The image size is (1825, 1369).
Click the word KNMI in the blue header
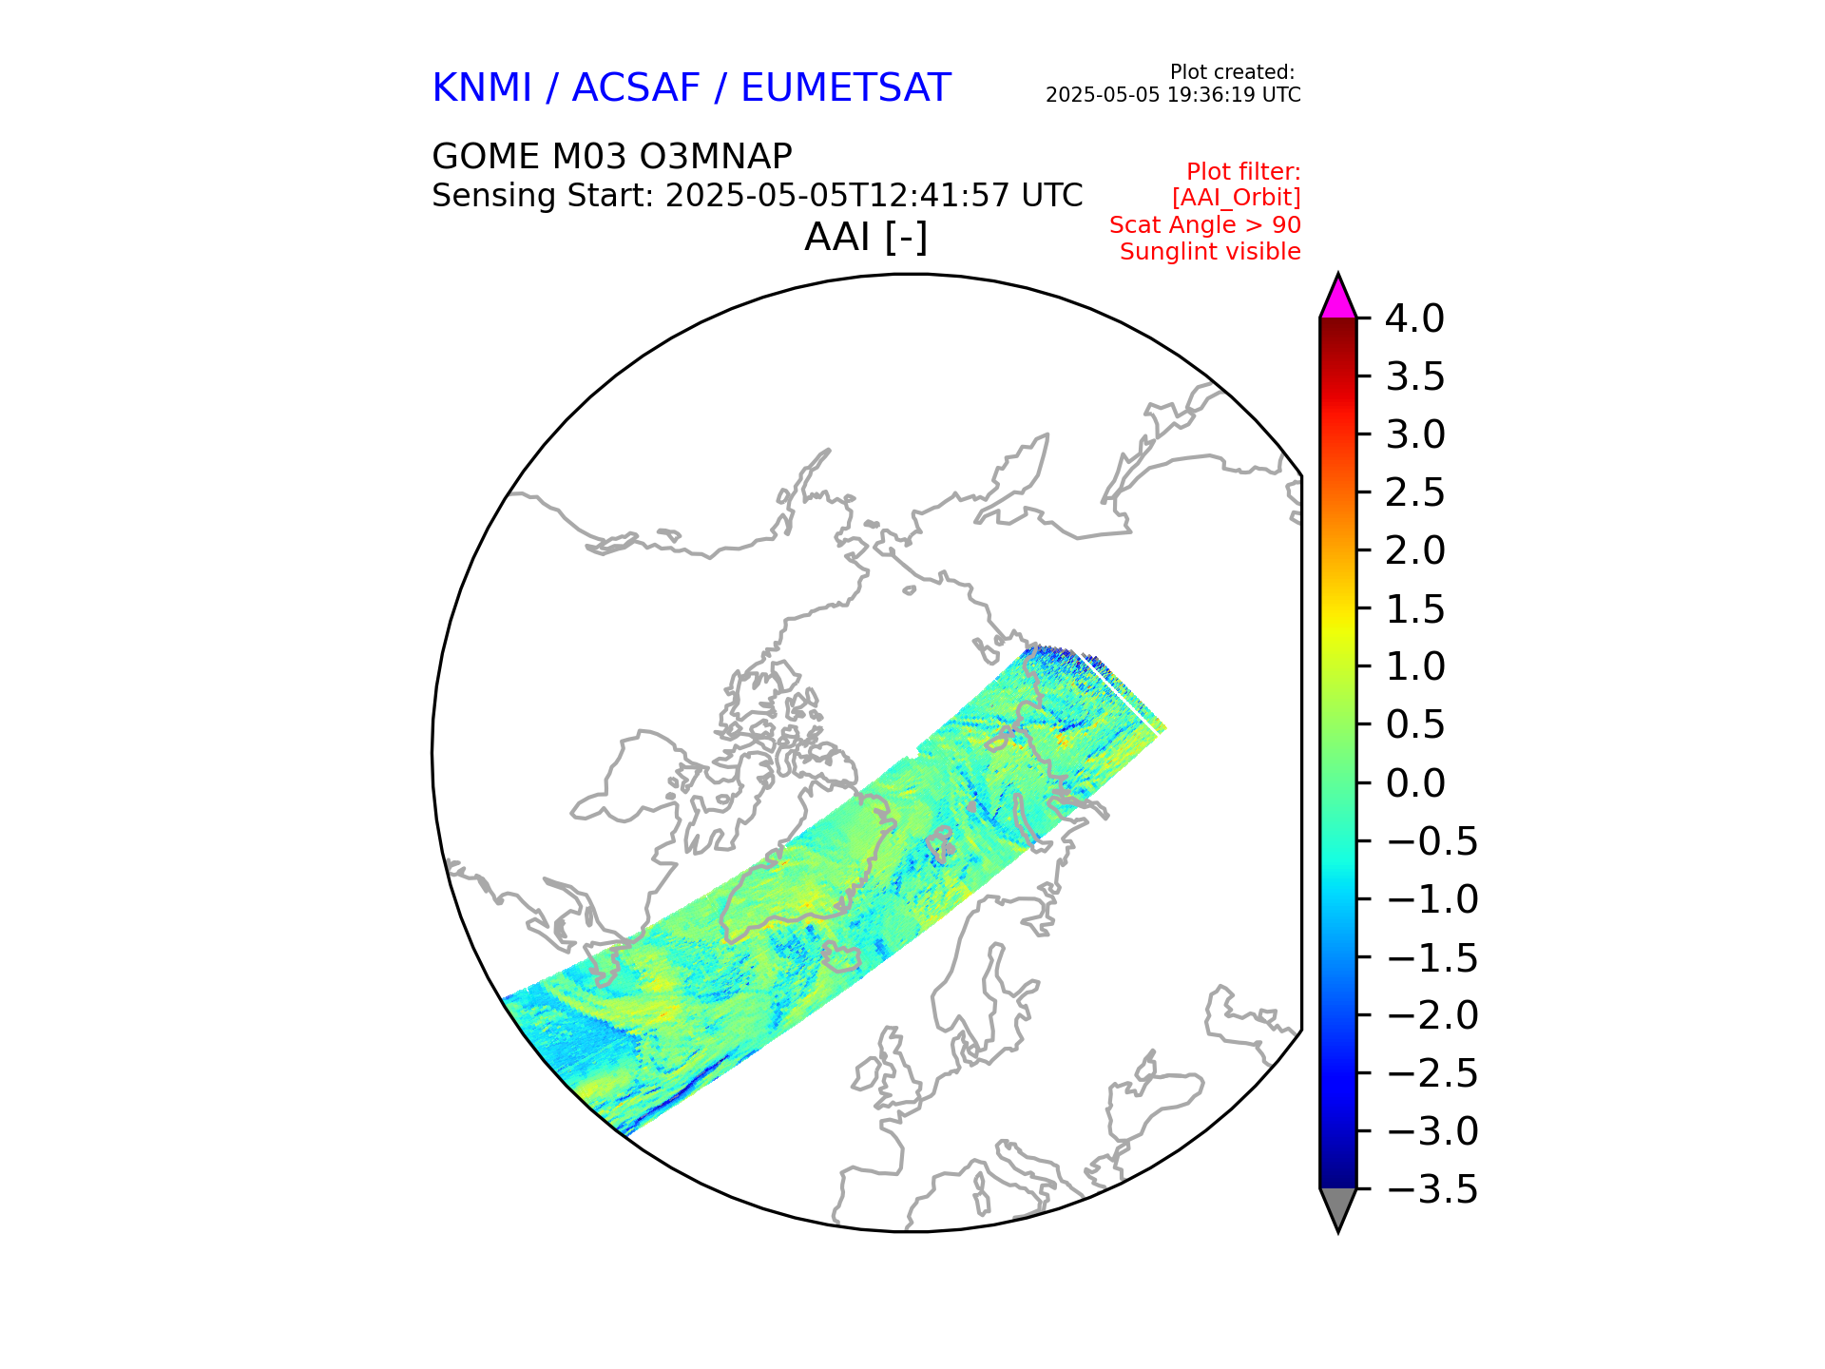click(x=481, y=88)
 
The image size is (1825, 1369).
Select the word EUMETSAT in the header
click(x=845, y=88)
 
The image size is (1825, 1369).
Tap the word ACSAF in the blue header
click(x=636, y=88)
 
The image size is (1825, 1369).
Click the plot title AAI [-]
click(x=865, y=238)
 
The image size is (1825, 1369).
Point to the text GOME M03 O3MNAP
click(x=611, y=157)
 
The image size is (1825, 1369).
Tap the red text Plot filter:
click(x=1243, y=172)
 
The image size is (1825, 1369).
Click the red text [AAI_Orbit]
click(x=1236, y=198)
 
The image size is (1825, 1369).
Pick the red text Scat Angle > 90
click(x=1204, y=225)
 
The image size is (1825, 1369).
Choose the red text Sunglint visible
click(x=1210, y=252)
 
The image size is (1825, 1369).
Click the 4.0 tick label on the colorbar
click(x=1414, y=319)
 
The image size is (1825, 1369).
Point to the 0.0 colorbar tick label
click(x=1414, y=783)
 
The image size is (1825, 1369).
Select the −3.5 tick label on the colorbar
click(x=1432, y=1189)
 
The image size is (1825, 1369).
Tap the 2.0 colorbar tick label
click(x=1414, y=550)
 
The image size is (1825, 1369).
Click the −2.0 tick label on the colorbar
click(x=1432, y=1015)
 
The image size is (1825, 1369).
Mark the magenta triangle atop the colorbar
click(x=1337, y=299)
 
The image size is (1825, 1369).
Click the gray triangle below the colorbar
click(x=1337, y=1206)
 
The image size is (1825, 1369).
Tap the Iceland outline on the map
click(x=841, y=956)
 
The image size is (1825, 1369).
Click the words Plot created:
click(x=1232, y=72)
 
